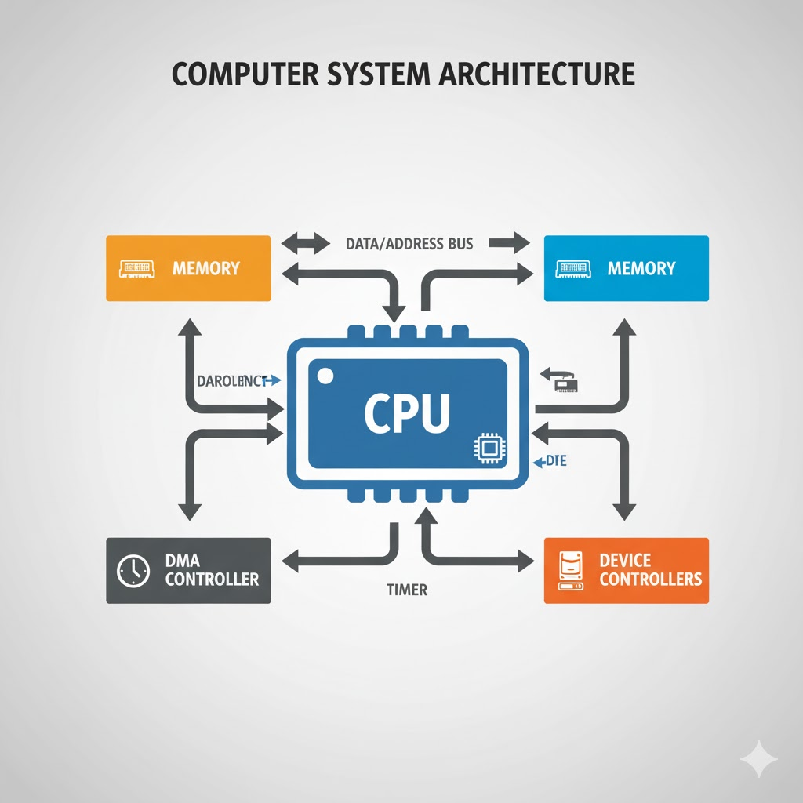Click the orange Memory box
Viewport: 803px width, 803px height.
188,268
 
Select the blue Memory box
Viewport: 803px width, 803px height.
626,268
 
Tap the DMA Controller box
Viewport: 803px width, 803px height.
188,570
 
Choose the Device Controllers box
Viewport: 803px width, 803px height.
626,570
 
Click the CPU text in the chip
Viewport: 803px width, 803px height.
406,413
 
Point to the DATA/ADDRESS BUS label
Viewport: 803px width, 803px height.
409,243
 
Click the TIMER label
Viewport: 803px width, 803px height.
408,590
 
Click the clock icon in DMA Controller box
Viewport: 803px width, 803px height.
133,571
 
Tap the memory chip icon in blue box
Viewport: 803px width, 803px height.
574,269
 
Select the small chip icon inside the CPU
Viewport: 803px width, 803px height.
488,449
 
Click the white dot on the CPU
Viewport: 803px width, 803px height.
325,376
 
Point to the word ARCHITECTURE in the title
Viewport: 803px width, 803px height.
532,74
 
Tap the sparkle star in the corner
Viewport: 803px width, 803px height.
758,760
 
